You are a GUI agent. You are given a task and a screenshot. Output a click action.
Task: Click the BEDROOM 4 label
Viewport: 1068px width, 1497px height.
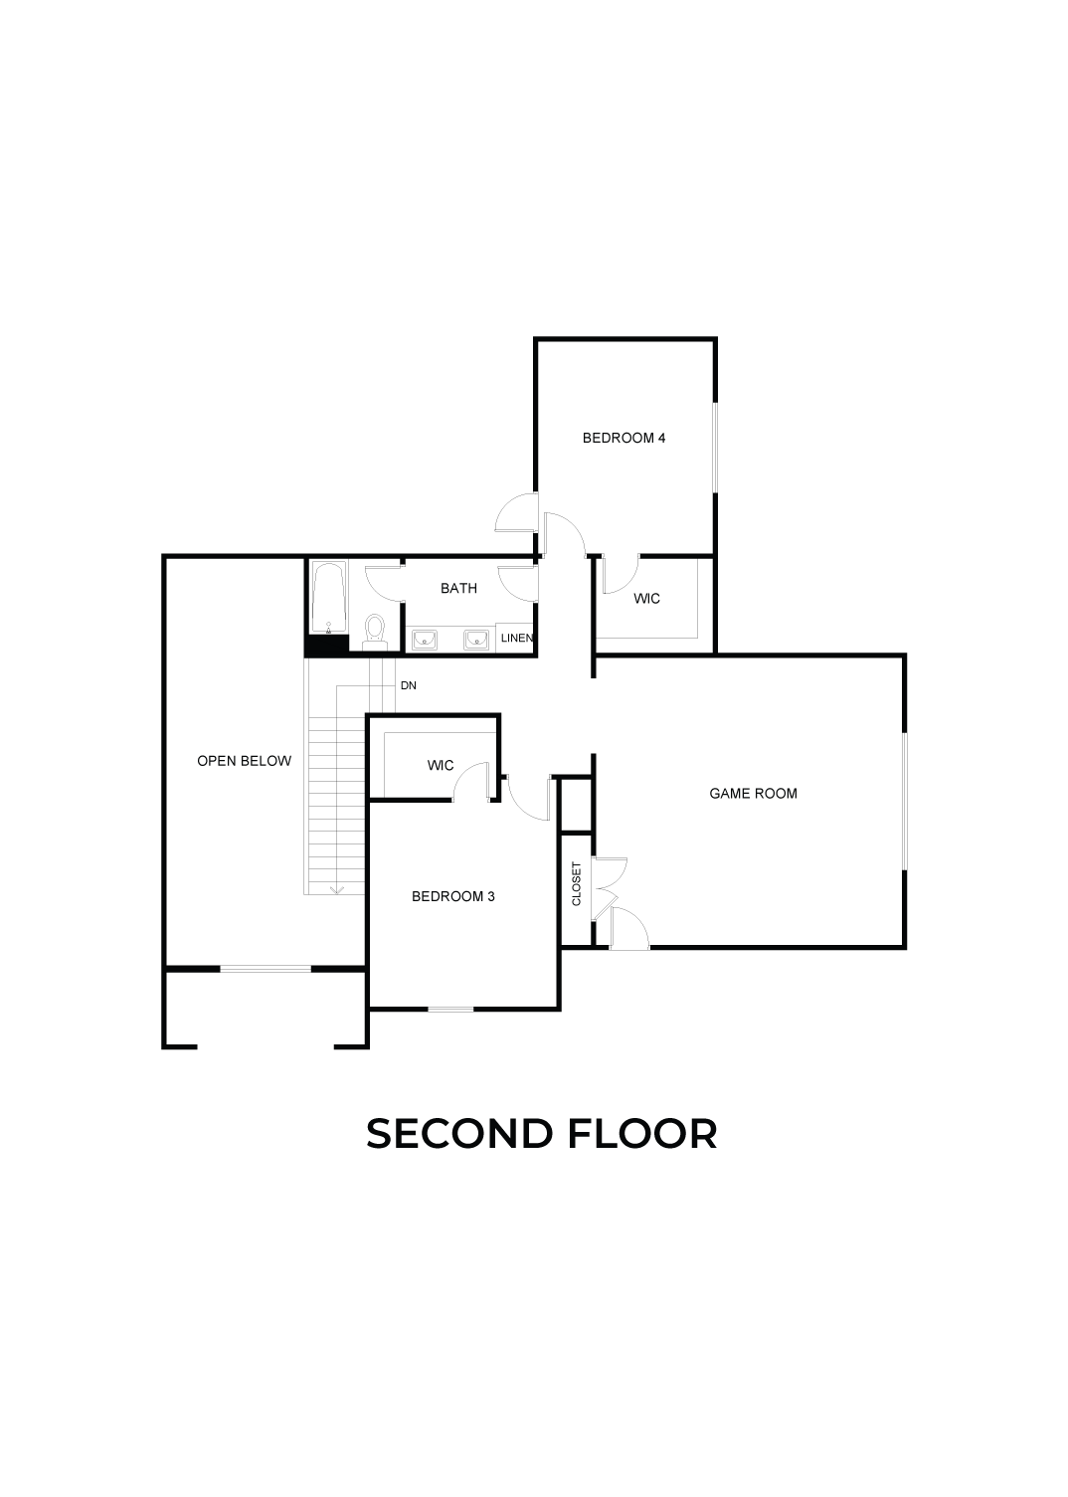(x=623, y=438)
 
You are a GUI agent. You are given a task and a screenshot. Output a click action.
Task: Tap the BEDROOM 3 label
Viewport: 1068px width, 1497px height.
(x=452, y=896)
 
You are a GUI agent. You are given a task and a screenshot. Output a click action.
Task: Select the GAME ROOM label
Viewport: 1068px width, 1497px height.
(x=753, y=794)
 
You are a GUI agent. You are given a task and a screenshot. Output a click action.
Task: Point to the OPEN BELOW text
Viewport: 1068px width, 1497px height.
(x=244, y=761)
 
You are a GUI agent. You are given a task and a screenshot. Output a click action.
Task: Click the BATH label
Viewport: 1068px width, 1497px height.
(x=458, y=588)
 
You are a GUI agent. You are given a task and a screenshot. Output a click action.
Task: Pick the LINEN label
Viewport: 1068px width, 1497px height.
(x=517, y=638)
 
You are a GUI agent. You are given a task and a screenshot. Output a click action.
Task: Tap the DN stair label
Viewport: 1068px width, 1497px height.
(x=408, y=685)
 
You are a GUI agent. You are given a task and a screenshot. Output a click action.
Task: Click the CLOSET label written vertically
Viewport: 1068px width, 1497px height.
(x=577, y=883)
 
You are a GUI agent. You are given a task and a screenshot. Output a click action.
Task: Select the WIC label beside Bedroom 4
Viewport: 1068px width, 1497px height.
(x=646, y=599)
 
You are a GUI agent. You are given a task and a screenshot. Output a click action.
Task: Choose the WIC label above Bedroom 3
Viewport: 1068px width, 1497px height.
(x=441, y=765)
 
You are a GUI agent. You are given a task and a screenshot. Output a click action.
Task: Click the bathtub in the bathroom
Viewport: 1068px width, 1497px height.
(x=328, y=597)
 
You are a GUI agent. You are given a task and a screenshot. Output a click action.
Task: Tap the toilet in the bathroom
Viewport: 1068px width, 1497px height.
(x=374, y=631)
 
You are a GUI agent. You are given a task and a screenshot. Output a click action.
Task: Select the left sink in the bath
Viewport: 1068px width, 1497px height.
(x=425, y=640)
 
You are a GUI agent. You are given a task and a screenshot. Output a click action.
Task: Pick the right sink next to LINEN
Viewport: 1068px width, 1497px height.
(x=476, y=640)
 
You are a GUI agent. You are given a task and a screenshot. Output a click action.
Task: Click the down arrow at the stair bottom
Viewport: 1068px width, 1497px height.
(x=337, y=889)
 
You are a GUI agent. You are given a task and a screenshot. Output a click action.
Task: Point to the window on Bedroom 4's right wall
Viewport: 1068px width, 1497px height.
(x=715, y=448)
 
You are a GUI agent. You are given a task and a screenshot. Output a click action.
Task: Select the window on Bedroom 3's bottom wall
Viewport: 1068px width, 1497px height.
(x=450, y=1009)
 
